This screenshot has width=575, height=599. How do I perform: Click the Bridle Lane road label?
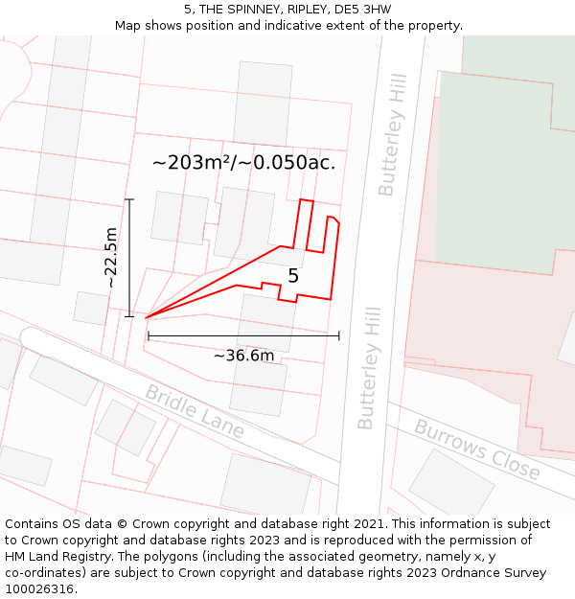tap(195, 411)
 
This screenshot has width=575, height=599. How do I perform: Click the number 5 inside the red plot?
tap(293, 276)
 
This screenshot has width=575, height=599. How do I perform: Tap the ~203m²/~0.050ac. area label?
tap(243, 163)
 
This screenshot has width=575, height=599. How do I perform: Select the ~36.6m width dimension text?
tap(243, 356)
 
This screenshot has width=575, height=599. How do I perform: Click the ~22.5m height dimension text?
tap(111, 258)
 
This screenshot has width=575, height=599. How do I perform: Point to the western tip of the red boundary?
tap(147, 317)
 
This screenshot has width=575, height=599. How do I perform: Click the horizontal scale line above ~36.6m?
tap(243, 335)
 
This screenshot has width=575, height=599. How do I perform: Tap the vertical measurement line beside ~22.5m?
tap(129, 258)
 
